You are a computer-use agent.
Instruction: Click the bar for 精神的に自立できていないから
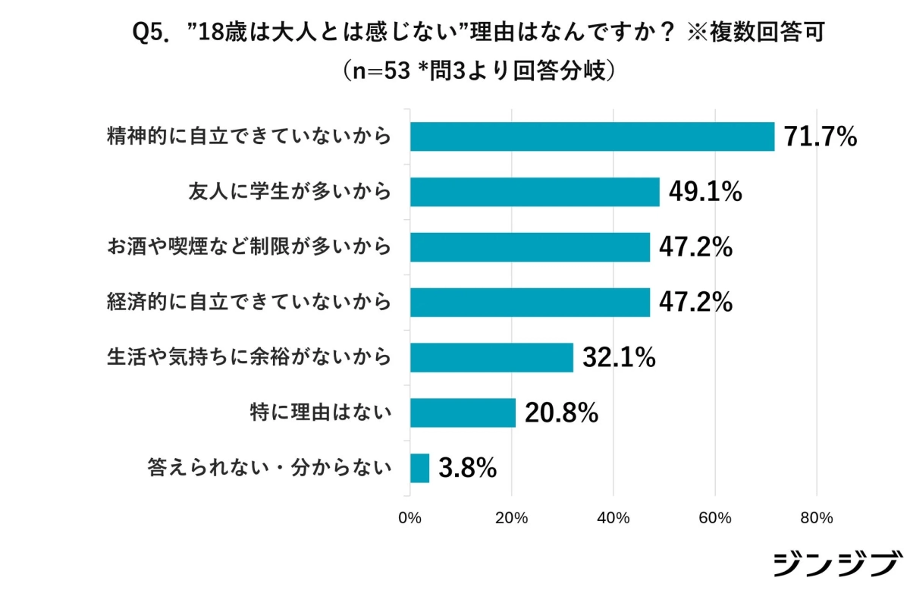pyautogui.click(x=591, y=137)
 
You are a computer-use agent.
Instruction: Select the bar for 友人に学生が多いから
pyautogui.click(x=535, y=192)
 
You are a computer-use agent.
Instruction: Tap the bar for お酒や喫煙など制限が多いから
pyautogui.click(x=529, y=246)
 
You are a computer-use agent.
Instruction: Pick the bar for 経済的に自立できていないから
pyautogui.click(x=529, y=302)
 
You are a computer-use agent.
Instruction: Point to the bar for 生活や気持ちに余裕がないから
pyautogui.click(x=491, y=357)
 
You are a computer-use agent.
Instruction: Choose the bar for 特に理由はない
pyautogui.click(x=463, y=413)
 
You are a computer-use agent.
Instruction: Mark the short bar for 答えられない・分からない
pyautogui.click(x=419, y=468)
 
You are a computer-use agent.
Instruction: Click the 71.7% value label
pyautogui.click(x=820, y=137)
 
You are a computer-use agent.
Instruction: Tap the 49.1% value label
pyautogui.click(x=704, y=193)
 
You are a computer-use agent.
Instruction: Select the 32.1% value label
pyautogui.click(x=619, y=357)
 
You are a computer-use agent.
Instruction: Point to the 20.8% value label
pyautogui.click(x=562, y=413)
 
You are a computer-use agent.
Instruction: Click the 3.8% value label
pyautogui.click(x=468, y=468)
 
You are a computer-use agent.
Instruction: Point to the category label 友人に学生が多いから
pyautogui.click(x=290, y=192)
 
